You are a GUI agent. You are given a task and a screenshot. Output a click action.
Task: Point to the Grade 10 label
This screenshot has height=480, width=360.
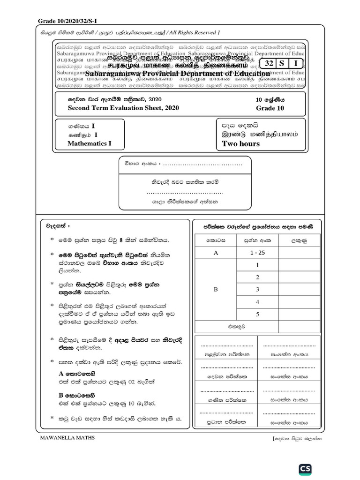coord(270,108)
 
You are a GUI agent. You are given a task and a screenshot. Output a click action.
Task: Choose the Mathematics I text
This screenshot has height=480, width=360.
coord(89,144)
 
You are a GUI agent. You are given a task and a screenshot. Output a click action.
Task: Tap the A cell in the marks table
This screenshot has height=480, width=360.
coord(216,252)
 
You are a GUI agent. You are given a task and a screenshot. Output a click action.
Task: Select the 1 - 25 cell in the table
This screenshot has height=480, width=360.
coord(257,252)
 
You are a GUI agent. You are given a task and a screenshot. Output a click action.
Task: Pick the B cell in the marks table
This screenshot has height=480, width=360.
coord(216,290)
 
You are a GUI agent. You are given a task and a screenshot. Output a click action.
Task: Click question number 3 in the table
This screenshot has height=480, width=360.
coord(257,290)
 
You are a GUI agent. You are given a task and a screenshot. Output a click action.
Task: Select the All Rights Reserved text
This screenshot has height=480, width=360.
coord(194,32)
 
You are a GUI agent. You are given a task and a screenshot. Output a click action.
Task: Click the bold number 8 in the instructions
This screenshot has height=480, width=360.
coord(121,240)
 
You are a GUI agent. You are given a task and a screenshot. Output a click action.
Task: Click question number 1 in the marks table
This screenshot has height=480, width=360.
coord(257,265)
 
